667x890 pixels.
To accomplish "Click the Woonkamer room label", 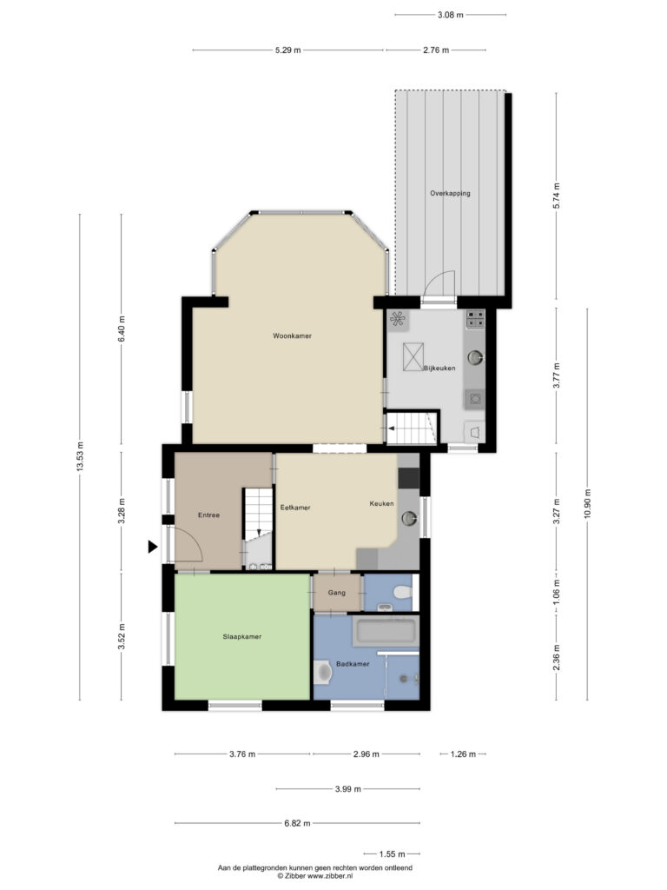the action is (292, 336).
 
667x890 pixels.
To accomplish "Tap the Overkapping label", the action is (450, 194).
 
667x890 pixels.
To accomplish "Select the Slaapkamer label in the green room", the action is (242, 637).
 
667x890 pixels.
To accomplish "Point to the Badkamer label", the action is (353, 663).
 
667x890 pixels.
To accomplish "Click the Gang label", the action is (336, 593).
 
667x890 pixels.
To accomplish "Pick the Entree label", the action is (208, 515).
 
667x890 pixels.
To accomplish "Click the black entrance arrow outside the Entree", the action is (153, 547).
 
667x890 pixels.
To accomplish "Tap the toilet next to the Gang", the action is (403, 593).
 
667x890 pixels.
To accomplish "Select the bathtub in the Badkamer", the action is (386, 632).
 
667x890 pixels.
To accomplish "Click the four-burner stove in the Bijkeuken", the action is (475, 319).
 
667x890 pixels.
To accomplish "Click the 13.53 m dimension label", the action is (80, 456).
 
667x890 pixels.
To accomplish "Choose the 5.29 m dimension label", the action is (288, 50).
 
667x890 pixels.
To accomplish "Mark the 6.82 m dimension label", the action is (297, 823).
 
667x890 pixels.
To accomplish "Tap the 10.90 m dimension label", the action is (588, 503).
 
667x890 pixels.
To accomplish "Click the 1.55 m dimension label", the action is (392, 853).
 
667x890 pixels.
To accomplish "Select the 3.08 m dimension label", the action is (451, 15).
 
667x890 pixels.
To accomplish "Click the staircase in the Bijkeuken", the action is (412, 428).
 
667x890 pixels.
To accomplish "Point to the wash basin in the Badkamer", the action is (323, 672).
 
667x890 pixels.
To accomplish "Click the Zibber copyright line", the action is (314, 876).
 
